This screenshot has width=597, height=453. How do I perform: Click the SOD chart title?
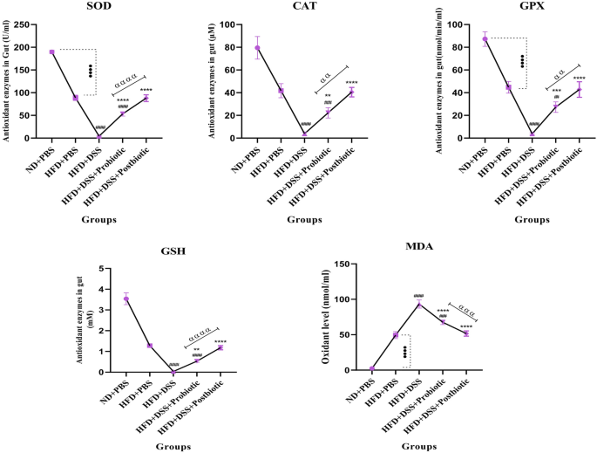tap(98, 7)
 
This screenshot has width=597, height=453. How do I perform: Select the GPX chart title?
tap(508, 7)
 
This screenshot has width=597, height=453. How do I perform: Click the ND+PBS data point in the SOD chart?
tap(51, 51)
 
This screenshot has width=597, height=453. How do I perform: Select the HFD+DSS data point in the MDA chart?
tap(419, 305)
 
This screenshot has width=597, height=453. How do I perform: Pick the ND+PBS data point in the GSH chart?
tap(126, 299)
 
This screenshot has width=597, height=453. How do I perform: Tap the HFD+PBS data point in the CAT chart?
tap(281, 91)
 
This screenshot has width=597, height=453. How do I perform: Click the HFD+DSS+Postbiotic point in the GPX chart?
tap(579, 89)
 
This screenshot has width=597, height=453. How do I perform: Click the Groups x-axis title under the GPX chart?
tap(532, 220)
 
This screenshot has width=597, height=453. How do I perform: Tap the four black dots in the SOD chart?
tap(90, 70)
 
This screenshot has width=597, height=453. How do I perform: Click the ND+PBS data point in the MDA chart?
tap(372, 368)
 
